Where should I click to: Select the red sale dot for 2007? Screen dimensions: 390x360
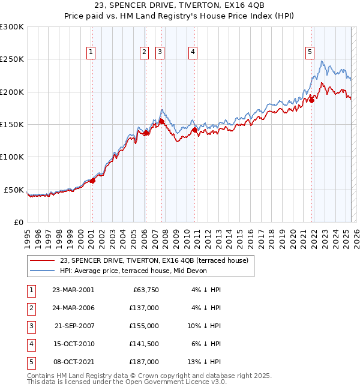pyautogui.click(x=161, y=121)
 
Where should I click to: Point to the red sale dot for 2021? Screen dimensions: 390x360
pyautogui.click(x=312, y=100)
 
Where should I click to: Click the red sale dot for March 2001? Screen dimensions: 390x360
pyautogui.click(x=92, y=181)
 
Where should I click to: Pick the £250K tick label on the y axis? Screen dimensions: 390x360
pyautogui.click(x=12, y=59)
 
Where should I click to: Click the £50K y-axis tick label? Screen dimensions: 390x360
pyautogui.click(x=14, y=190)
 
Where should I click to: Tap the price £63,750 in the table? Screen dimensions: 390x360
pyautogui.click(x=144, y=289)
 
